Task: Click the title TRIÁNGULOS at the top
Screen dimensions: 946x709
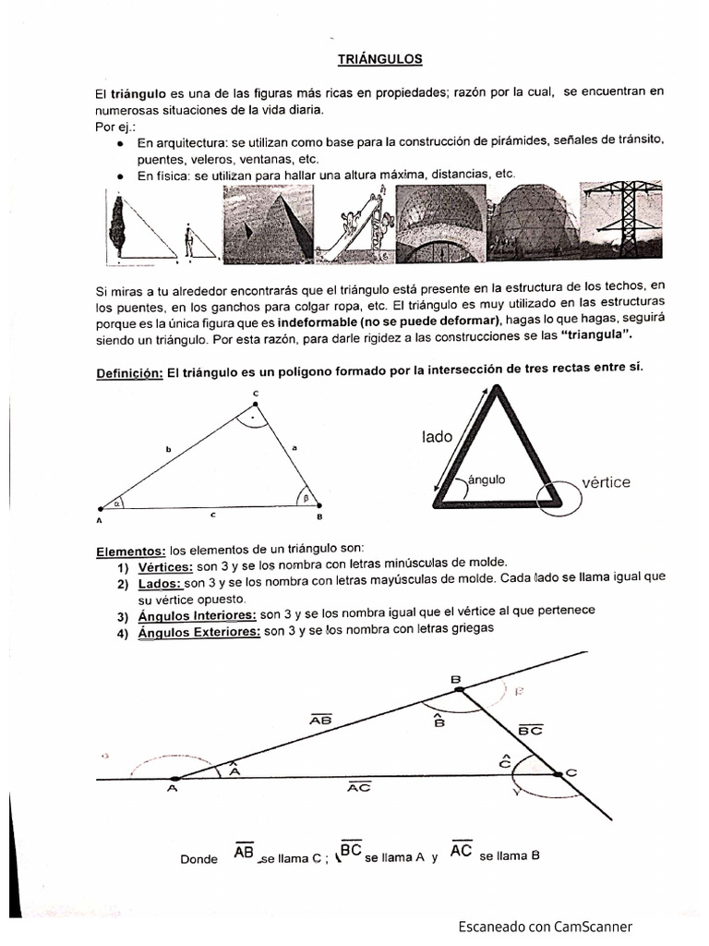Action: [379, 58]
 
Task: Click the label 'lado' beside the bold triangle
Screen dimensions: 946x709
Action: [438, 436]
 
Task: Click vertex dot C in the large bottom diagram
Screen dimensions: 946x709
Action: [559, 773]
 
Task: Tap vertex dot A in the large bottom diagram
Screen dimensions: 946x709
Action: [175, 778]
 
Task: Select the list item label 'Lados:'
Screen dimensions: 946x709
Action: [159, 584]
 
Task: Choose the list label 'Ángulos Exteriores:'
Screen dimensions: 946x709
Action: [198, 632]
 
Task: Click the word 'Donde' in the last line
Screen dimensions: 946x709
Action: [199, 858]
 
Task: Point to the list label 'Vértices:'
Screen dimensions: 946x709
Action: [165, 566]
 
